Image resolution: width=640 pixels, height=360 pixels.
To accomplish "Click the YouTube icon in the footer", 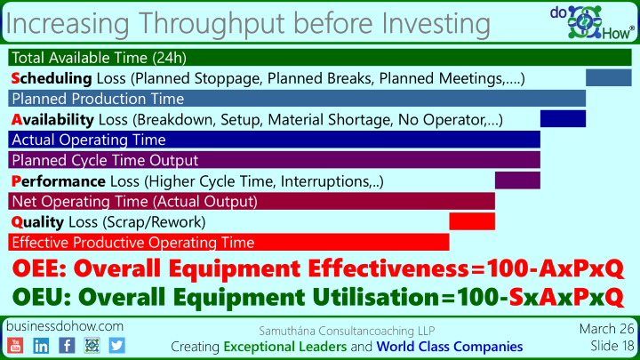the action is (x=15, y=346).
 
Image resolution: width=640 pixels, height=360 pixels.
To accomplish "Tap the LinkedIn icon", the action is (x=41, y=346).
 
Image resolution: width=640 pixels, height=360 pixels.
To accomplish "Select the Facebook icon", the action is (x=67, y=346).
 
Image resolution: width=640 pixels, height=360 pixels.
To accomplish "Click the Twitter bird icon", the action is (x=116, y=346).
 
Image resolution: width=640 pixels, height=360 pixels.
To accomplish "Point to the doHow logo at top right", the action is (x=592, y=22).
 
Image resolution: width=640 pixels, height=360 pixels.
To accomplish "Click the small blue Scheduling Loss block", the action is (x=609, y=77).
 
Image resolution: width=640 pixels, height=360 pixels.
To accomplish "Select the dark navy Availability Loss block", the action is (x=563, y=119).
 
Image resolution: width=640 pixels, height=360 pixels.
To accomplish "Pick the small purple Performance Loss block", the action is (x=517, y=180).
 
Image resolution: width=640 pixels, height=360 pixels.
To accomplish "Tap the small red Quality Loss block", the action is (x=472, y=221).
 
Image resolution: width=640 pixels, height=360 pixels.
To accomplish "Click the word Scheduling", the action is (x=52, y=78).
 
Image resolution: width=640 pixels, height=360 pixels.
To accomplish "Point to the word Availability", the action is (x=52, y=120).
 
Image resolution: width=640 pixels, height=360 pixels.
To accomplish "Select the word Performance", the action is (x=59, y=181).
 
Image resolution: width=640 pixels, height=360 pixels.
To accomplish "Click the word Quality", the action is (x=37, y=222).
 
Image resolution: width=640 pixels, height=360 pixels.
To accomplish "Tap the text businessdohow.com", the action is (x=65, y=326).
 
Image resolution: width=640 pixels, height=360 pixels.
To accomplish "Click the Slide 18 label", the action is (x=612, y=346).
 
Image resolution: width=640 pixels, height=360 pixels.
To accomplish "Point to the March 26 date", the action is (x=607, y=329).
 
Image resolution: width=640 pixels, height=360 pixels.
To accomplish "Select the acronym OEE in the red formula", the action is (x=36, y=268).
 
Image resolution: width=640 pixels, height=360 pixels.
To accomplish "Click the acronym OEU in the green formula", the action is (x=38, y=297).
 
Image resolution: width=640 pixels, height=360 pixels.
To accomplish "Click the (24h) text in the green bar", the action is (x=169, y=58).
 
